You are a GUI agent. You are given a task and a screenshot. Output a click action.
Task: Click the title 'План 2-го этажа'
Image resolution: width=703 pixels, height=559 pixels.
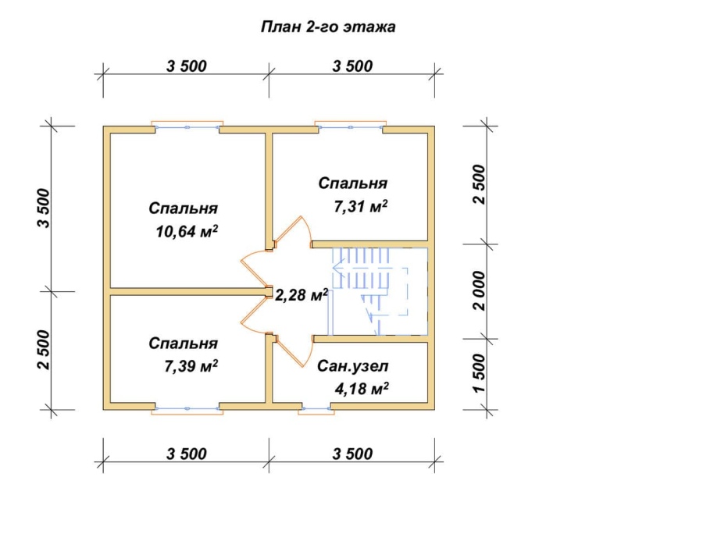(328, 27)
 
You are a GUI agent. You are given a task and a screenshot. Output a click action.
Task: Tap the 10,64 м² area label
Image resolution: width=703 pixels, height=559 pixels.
(187, 231)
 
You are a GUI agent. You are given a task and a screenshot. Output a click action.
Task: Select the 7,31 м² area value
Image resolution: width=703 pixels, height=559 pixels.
(360, 206)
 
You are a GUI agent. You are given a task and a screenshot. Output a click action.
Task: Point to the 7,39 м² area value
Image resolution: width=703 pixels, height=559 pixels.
(191, 366)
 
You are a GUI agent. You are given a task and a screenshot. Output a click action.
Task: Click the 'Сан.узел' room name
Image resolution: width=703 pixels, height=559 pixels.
(353, 366)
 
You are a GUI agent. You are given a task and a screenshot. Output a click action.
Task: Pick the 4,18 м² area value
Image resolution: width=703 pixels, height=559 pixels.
(362, 388)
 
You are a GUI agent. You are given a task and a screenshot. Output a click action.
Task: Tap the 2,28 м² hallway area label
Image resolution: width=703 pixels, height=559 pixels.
(302, 295)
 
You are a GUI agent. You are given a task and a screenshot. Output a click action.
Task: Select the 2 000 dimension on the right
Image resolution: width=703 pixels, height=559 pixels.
(479, 290)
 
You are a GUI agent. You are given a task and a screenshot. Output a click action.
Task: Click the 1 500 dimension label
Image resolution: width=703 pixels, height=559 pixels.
(479, 373)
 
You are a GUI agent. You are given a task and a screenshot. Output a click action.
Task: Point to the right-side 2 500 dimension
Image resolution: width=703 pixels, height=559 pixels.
(479, 185)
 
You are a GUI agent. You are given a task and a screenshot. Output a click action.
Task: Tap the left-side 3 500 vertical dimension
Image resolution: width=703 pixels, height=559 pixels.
(44, 208)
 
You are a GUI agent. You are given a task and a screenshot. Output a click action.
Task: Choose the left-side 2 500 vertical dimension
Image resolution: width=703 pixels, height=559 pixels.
(44, 350)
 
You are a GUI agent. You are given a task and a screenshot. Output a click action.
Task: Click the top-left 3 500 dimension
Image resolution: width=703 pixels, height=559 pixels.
(187, 66)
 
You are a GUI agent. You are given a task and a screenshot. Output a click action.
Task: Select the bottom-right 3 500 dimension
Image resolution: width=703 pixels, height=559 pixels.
(352, 454)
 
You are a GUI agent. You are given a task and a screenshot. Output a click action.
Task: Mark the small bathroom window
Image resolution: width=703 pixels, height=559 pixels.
(316, 408)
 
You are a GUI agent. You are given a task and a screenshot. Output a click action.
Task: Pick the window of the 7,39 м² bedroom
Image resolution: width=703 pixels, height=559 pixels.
(187, 408)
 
